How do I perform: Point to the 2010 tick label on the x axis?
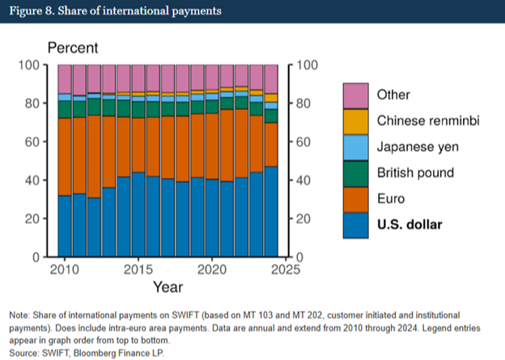point(65,269)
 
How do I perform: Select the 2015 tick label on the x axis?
point(138,269)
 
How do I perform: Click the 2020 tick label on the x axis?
point(211,269)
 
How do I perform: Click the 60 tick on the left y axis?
point(34,142)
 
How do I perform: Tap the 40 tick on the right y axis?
point(306,180)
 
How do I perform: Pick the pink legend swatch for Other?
point(356,95)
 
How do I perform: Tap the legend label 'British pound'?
point(415,173)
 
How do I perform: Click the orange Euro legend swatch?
point(356,199)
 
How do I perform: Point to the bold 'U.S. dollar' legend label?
point(410,225)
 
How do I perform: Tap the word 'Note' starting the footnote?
point(19,314)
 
